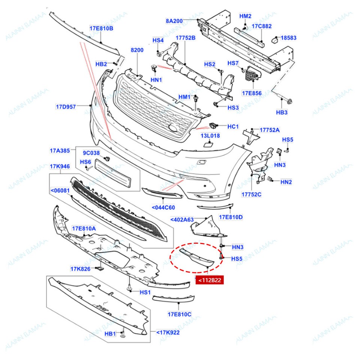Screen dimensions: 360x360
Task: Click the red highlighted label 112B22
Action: tap(210, 280)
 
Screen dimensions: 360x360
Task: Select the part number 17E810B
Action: tap(101, 28)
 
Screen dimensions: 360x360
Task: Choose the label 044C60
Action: tap(163, 207)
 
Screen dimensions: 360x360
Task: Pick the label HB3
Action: tap(282, 112)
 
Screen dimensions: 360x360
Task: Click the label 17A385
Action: tap(60, 151)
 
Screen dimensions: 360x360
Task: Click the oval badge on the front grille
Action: tap(173, 129)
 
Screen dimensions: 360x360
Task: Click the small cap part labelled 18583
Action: tap(274, 38)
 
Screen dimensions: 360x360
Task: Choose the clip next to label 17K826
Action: tap(99, 268)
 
